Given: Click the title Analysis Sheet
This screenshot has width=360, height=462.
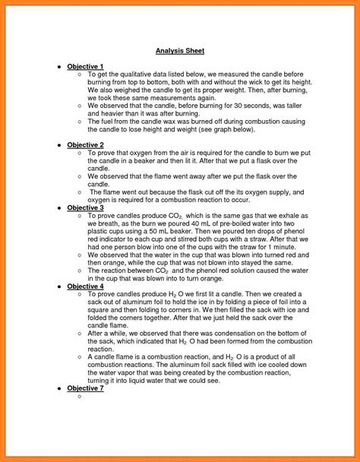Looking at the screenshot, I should (x=180, y=51).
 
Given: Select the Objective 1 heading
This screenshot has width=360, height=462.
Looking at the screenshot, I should (x=85, y=67).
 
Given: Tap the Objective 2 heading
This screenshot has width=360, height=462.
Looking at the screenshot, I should (x=85, y=144).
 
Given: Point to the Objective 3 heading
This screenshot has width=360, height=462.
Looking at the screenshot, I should (x=85, y=207).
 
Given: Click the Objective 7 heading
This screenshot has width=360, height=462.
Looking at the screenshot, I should (x=85, y=388).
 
